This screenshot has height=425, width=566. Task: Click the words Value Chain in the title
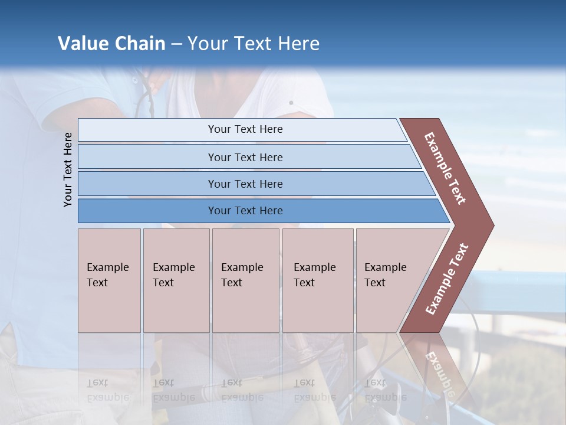111,44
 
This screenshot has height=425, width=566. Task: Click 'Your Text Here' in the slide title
254,44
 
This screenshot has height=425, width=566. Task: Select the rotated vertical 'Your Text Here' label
68,169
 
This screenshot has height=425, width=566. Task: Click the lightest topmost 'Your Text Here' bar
245,129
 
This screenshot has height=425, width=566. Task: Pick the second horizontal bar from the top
245,157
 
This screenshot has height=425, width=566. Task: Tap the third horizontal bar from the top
245,184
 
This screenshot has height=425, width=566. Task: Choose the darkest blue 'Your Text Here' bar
245,211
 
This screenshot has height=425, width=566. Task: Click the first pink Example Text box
109,280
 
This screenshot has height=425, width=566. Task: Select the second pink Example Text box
176,280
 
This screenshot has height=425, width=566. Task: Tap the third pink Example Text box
245,280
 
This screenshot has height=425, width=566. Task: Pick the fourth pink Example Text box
317,280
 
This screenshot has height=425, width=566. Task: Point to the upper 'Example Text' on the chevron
446,168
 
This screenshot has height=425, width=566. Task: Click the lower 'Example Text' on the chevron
447,279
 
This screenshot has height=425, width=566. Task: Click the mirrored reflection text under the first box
108,390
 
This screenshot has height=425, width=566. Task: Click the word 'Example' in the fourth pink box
314,267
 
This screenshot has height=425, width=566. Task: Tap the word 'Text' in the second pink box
163,283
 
